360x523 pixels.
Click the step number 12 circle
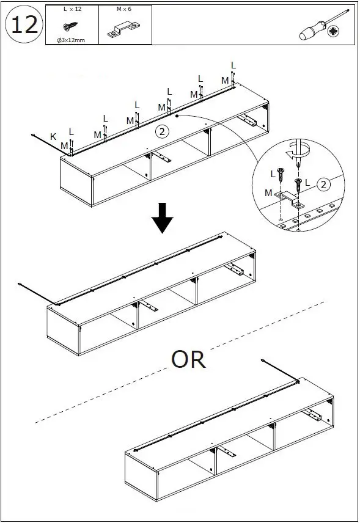pyautogui.click(x=24, y=24)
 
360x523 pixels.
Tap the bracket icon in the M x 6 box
pyautogui.click(x=123, y=29)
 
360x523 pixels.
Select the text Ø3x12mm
pyautogui.click(x=71, y=40)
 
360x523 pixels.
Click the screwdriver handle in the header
pyautogui.click(x=312, y=31)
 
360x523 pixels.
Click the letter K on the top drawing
pyautogui.click(x=53, y=137)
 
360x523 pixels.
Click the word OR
pyautogui.click(x=188, y=359)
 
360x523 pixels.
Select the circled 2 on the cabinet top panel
pyautogui.click(x=162, y=131)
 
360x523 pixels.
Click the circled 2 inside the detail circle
pyautogui.click(x=323, y=184)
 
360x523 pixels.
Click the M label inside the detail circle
pyautogui.click(x=268, y=193)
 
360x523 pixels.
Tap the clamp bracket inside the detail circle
pyautogui.click(x=290, y=200)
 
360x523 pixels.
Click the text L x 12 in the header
pyautogui.click(x=72, y=9)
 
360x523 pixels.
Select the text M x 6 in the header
pyautogui.click(x=124, y=9)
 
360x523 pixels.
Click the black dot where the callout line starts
pyautogui.click(x=177, y=115)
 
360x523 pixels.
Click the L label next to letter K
pyautogui.click(x=71, y=132)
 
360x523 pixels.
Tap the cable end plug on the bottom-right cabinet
pyautogui.click(x=263, y=360)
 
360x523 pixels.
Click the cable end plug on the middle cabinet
pyautogui.click(x=20, y=284)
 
